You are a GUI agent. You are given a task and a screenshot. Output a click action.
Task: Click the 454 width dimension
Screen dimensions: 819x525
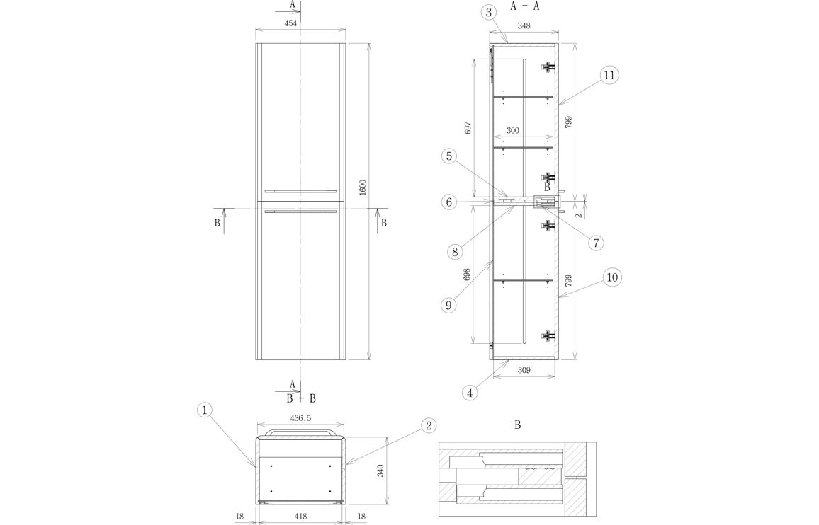290,23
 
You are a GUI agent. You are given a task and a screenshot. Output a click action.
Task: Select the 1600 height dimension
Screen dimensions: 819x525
363,188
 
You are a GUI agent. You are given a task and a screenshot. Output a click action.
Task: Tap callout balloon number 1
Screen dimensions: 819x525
205,410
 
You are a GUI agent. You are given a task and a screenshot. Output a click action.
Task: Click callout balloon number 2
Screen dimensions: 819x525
429,426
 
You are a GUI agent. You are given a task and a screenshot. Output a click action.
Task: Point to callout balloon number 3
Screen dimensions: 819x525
488,13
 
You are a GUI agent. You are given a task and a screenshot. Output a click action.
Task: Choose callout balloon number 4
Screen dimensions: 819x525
470,393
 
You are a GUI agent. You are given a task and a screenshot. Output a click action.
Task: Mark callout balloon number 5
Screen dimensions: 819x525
449,156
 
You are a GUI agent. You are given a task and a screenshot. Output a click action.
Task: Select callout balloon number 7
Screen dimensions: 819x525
595,243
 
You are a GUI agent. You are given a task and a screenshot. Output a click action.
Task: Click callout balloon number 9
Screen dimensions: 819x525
448,305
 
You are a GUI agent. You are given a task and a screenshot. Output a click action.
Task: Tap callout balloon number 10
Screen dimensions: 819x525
613,277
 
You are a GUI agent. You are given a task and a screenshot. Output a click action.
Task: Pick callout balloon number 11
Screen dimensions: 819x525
609,75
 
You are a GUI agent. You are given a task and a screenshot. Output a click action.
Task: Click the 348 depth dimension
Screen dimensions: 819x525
524,25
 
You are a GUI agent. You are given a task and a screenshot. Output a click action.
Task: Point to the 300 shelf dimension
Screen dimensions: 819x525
513,130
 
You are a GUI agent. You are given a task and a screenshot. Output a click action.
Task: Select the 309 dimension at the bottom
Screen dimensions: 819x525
524,370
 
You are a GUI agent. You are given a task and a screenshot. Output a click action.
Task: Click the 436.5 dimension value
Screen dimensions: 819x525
300,418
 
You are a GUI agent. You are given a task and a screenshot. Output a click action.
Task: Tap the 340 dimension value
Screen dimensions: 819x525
380,471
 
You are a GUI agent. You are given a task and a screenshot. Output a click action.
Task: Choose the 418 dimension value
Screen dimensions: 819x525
300,516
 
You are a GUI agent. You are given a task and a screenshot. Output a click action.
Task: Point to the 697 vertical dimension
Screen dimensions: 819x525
468,128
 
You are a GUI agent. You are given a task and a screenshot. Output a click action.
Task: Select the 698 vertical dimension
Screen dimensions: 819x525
468,275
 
